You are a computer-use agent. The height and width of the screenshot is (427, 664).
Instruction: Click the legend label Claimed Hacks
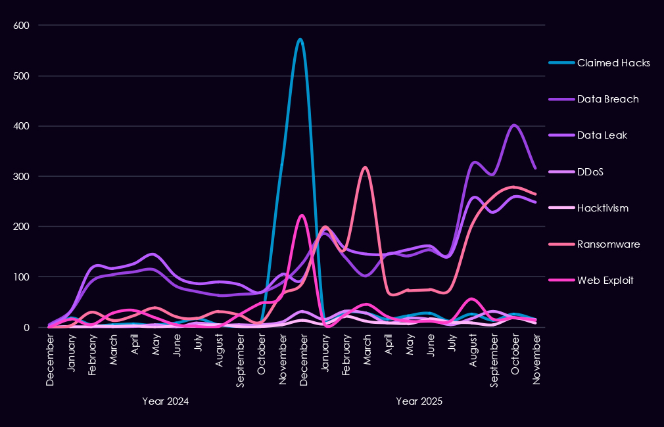[613, 63]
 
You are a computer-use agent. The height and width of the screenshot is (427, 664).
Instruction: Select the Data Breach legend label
[607, 99]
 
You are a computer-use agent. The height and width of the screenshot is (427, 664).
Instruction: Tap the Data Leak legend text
[602, 135]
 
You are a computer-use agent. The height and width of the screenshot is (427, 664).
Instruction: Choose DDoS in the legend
[590, 171]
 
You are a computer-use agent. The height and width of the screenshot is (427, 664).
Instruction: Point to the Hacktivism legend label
[602, 208]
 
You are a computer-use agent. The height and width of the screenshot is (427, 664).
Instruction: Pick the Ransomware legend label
[608, 244]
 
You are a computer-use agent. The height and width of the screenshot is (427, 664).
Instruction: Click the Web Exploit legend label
[605, 280]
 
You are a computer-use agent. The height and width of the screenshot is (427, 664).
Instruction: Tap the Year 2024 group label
[165, 401]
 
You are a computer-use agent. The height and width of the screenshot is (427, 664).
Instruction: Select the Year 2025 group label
[419, 401]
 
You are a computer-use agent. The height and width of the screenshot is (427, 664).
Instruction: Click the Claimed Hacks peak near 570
[300, 39]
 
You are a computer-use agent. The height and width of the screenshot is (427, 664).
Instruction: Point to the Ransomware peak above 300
[365, 168]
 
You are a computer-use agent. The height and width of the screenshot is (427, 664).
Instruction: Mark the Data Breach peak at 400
[514, 125]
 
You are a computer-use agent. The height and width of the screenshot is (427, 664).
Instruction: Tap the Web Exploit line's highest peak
[301, 215]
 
